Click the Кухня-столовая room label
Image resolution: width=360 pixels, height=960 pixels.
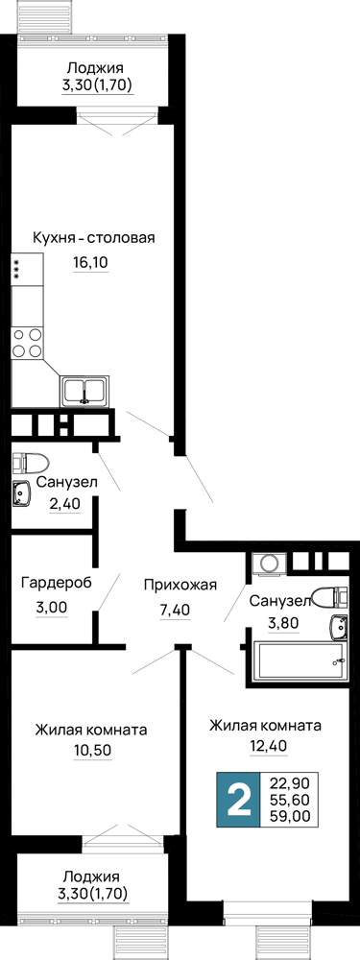coord(94,238)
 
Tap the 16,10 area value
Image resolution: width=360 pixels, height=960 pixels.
coord(90,263)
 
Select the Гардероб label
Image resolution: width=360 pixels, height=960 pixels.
coord(57,583)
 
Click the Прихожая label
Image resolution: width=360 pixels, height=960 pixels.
coord(180,585)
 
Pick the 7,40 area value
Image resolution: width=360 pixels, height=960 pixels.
coord(176,610)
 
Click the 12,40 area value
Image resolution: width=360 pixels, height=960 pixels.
coord(266,747)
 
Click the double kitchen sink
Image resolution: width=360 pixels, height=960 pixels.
coord(85,391)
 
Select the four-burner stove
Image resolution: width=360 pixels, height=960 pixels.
coord(28,344)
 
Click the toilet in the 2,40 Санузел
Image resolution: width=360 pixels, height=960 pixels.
coord(32,463)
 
